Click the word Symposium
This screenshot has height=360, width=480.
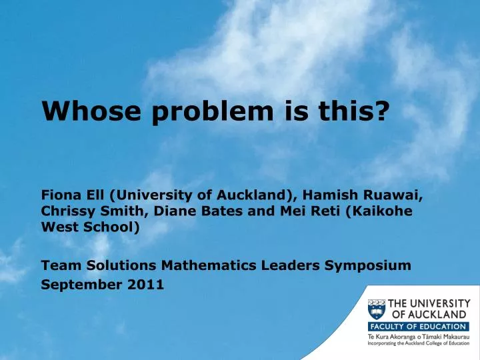click(x=367, y=265)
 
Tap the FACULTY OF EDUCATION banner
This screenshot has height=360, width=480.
click(x=418, y=327)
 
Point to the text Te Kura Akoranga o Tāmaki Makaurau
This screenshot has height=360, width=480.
click(x=419, y=338)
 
